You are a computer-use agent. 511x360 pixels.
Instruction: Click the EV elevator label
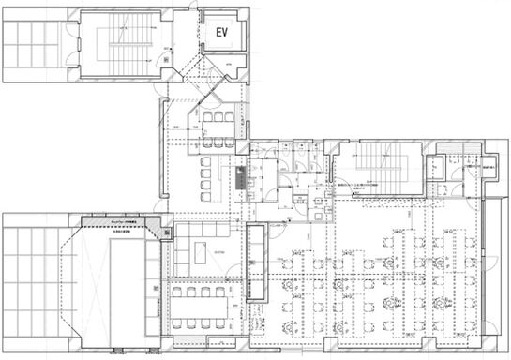[222, 33]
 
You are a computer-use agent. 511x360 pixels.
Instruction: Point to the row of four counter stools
[207, 173]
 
